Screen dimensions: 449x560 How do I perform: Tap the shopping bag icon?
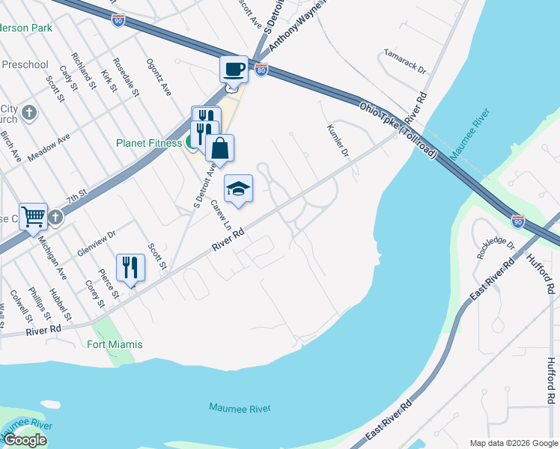pyautogui.click(x=220, y=148)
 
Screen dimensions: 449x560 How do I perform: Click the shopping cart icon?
pyautogui.click(x=34, y=217)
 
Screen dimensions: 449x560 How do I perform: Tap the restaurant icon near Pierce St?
pyautogui.click(x=130, y=267)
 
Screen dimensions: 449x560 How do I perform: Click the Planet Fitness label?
pyautogui.click(x=148, y=143)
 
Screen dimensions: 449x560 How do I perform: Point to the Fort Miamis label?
pyautogui.click(x=114, y=344)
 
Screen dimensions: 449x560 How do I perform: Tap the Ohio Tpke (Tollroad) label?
pyautogui.click(x=398, y=129)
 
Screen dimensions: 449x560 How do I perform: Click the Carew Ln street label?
pyautogui.click(x=219, y=215)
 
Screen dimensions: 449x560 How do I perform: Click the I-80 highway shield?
pyautogui.click(x=261, y=70)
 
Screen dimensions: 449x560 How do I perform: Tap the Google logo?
pyautogui.click(x=25, y=440)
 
